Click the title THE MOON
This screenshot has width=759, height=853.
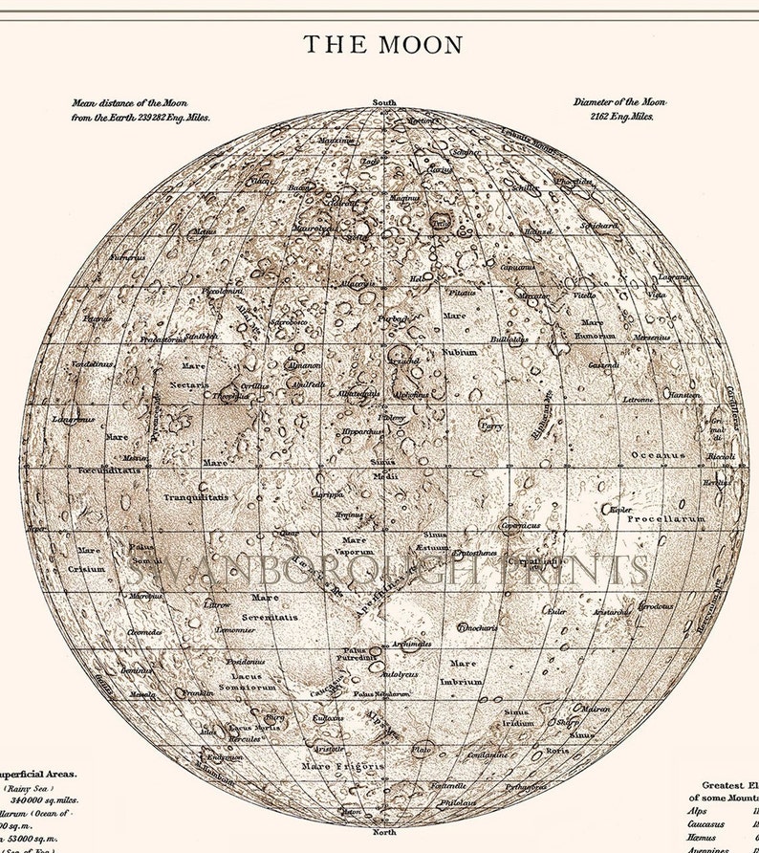coord(383,44)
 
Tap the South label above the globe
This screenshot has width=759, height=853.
coord(384,102)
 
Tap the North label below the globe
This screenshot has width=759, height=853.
coord(383,820)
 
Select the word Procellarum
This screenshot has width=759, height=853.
coord(665,518)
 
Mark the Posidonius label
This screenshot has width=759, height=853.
coord(245,661)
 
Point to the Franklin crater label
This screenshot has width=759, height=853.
coord(197,692)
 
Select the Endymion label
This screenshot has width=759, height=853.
coord(227,756)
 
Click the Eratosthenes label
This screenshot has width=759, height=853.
coord(475,553)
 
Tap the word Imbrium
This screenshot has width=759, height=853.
coord(462,682)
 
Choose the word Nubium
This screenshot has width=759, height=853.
coord(458,352)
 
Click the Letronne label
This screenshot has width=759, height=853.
coord(638,399)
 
